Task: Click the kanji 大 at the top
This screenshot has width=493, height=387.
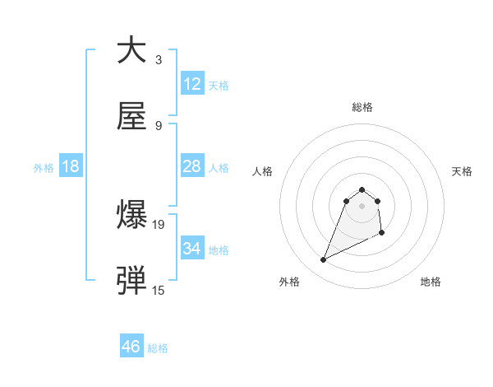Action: (x=131, y=50)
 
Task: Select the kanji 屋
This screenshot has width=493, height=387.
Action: (x=131, y=118)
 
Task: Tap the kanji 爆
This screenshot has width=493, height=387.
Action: (x=131, y=216)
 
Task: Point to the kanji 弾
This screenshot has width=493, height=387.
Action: (x=131, y=281)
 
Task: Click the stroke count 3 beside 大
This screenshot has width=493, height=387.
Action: (x=158, y=60)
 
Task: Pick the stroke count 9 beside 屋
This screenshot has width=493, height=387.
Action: (x=158, y=126)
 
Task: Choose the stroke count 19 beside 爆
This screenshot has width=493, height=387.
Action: (x=159, y=224)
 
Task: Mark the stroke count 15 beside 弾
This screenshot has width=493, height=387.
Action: (x=159, y=290)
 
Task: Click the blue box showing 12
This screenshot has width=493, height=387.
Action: (x=191, y=84)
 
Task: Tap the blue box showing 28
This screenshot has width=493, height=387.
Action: (x=191, y=166)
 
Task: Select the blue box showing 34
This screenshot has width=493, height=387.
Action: (x=191, y=249)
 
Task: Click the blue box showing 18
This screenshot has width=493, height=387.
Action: (x=71, y=166)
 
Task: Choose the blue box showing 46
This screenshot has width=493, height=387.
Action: (x=131, y=347)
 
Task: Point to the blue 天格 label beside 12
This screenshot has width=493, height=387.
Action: (x=219, y=85)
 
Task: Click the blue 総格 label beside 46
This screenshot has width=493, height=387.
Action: (x=158, y=347)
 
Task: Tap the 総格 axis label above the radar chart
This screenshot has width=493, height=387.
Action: (x=362, y=107)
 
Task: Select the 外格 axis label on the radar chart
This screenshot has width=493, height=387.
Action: (x=289, y=282)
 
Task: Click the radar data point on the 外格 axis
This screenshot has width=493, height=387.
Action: (x=323, y=260)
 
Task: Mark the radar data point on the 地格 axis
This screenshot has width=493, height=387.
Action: (x=382, y=234)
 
